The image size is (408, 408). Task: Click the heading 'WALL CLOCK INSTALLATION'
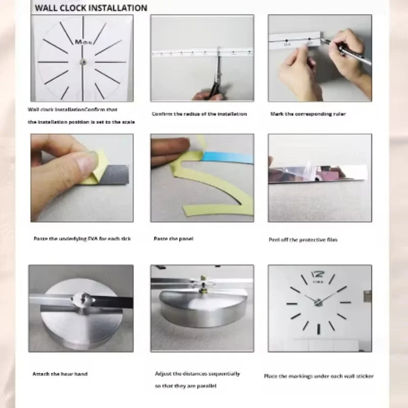click(91, 8)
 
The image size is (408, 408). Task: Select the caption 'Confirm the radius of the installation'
click(199, 114)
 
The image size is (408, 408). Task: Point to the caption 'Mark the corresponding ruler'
click(308, 114)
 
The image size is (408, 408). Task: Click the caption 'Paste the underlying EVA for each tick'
click(82, 239)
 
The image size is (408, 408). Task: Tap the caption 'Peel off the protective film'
click(303, 240)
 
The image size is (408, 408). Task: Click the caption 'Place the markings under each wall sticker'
click(319, 376)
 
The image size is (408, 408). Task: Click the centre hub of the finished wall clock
click(318, 302)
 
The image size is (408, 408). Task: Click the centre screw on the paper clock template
click(82, 62)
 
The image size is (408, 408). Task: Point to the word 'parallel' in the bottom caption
click(206, 386)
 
